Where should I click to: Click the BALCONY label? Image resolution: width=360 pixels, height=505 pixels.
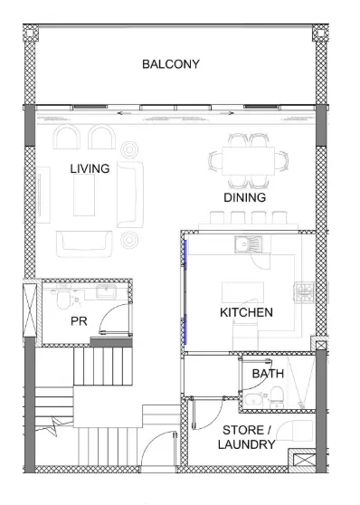171,64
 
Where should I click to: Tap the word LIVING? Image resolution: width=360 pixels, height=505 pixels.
90,168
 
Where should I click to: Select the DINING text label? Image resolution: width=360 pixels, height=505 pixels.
245,197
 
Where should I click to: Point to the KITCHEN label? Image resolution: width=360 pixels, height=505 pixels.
246,312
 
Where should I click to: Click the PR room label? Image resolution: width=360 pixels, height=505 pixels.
79,321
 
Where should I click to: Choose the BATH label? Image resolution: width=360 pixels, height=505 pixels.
268,374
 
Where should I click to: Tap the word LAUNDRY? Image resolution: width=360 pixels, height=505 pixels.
246,444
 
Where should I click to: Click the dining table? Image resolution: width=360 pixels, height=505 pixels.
248,161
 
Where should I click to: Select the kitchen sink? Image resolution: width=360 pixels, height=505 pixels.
248,244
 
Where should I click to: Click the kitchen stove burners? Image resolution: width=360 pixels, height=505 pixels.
304,292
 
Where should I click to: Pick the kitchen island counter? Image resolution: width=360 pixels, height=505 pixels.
242,292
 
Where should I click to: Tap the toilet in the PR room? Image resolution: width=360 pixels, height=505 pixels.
63,300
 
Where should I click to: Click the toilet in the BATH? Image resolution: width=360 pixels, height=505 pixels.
277,397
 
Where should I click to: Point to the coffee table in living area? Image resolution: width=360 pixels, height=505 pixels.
84,195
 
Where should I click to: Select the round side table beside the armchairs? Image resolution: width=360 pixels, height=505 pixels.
129,149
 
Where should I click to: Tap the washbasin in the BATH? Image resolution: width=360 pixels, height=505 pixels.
253,399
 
